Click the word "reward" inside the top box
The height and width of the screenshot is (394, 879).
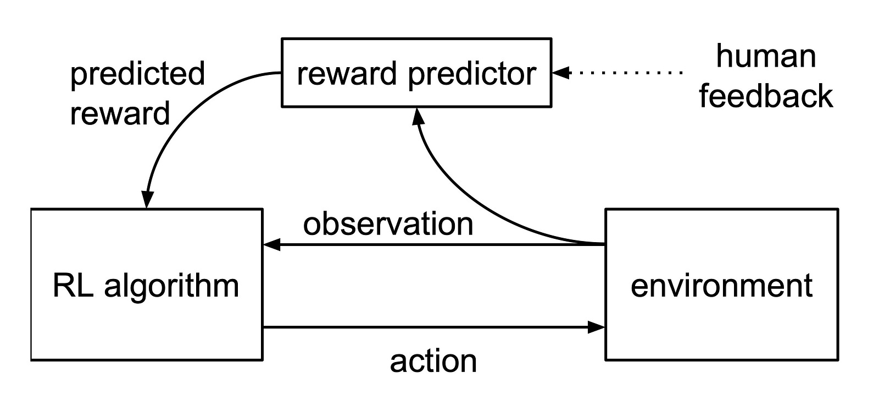(347, 74)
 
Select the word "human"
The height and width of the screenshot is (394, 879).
(766, 56)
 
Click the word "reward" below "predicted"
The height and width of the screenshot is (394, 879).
(120, 113)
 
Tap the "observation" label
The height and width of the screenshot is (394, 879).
(388, 223)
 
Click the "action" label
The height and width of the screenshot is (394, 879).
(433, 361)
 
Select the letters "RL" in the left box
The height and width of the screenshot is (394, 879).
(73, 285)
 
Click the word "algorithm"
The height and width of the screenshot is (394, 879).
(171, 287)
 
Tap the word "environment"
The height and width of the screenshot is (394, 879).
(721, 286)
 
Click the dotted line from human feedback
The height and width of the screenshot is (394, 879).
(626, 73)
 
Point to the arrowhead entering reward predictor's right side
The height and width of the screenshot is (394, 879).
(560, 73)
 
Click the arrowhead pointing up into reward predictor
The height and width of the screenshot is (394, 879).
(418, 117)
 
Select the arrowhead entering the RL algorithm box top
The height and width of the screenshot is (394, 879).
(147, 199)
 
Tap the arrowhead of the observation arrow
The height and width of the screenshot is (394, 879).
(271, 244)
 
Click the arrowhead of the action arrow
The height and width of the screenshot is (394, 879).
(596, 327)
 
